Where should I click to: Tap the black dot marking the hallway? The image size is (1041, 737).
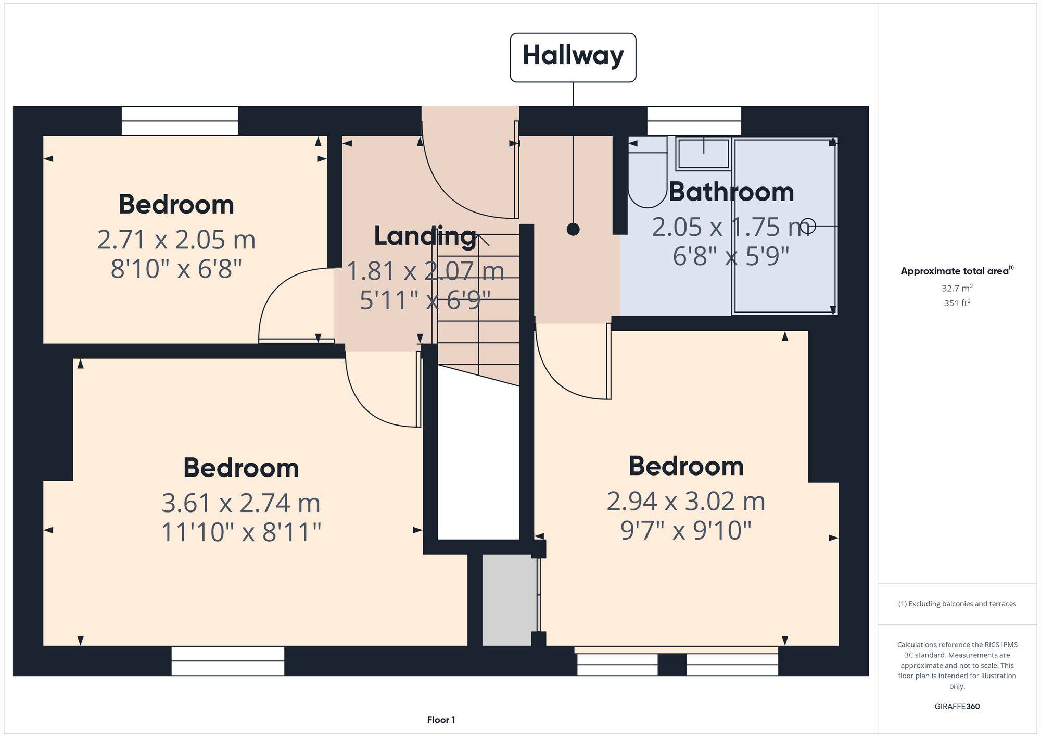click(x=573, y=229)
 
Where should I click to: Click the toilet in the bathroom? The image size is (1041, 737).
click(x=647, y=174)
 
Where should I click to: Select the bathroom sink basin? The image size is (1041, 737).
click(x=704, y=154)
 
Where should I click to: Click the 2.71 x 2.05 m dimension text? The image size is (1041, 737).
click(x=176, y=240)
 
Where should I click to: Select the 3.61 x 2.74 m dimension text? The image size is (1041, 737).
click(x=241, y=503)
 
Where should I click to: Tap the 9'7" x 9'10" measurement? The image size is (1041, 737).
click(x=686, y=531)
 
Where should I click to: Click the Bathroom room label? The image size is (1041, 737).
click(x=731, y=192)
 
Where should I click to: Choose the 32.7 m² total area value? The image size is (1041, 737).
click(x=957, y=288)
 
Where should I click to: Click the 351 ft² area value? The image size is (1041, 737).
click(x=957, y=303)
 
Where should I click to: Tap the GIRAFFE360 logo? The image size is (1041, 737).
click(x=957, y=706)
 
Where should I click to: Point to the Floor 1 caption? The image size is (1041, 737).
click(x=441, y=720)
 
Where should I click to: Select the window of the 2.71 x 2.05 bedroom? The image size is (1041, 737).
click(x=180, y=121)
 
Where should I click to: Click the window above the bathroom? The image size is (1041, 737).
click(x=694, y=121)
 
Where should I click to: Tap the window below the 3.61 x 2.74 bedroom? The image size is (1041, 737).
click(x=228, y=661)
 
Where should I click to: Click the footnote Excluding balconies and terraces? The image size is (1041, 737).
click(x=957, y=604)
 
